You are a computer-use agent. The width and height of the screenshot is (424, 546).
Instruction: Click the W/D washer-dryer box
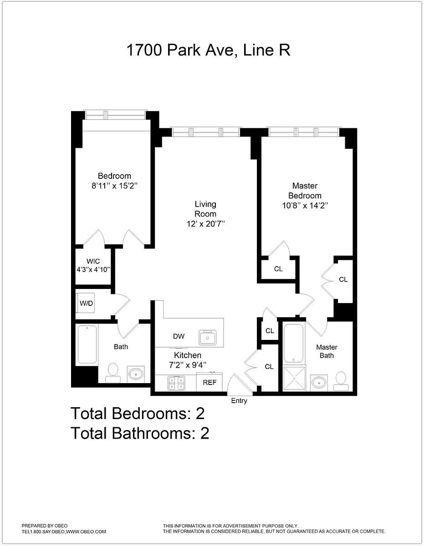tap(86, 303)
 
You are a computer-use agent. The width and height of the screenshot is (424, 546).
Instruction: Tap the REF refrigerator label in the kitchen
tap(209, 382)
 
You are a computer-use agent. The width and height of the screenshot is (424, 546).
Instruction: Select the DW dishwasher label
tap(179, 336)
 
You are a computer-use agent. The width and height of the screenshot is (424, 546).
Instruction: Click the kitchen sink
tap(208, 338)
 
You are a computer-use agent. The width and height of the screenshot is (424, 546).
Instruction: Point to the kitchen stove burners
tap(176, 383)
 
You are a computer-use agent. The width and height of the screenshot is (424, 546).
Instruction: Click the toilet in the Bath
tap(112, 373)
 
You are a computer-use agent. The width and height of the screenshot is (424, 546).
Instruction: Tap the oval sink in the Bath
tap(136, 374)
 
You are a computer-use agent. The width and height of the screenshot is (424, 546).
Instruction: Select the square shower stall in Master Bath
tap(294, 379)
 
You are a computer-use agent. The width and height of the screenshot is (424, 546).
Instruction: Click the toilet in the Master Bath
tap(341, 381)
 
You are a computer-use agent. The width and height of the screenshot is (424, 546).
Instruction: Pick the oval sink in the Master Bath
tap(319, 383)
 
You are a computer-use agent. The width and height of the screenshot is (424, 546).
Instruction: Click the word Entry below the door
tap(239, 400)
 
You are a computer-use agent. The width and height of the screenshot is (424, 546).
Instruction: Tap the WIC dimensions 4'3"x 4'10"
tap(93, 270)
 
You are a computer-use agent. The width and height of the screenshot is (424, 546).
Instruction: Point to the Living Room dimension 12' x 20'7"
tap(205, 223)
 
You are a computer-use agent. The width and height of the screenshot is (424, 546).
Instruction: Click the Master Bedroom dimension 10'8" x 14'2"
tap(305, 206)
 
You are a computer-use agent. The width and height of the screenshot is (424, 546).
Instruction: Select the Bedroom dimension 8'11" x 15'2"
tap(114, 186)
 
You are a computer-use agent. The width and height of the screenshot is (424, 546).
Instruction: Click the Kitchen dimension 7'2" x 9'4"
tap(188, 365)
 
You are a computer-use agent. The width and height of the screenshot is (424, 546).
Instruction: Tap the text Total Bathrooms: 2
tap(140, 433)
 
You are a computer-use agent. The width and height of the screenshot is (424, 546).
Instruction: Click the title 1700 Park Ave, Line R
tap(209, 50)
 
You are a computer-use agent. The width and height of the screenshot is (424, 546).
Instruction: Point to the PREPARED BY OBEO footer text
tap(45, 526)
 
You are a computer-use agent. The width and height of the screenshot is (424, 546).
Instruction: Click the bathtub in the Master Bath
tap(293, 343)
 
